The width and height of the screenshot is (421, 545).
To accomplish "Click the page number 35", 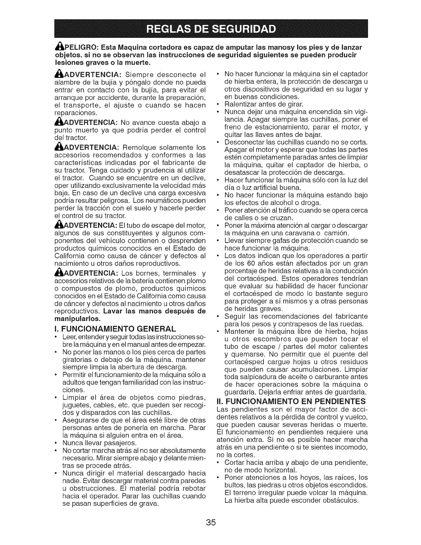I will click(210, 522).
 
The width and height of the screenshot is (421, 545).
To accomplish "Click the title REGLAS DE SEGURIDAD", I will click(210, 29).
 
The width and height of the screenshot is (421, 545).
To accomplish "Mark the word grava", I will click(148, 504).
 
